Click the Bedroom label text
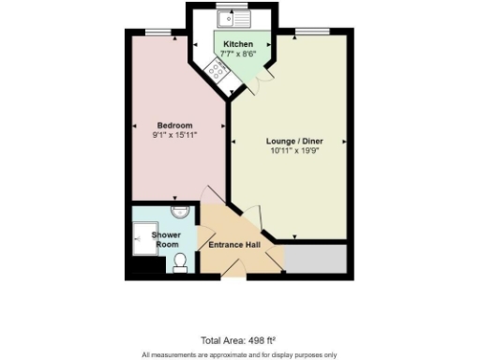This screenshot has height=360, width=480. point(174,126)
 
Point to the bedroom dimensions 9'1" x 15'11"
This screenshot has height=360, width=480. point(174,137)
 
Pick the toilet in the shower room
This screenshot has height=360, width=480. point(181,262)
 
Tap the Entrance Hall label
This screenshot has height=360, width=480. point(233,246)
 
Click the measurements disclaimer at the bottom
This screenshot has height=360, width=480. point(238,354)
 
